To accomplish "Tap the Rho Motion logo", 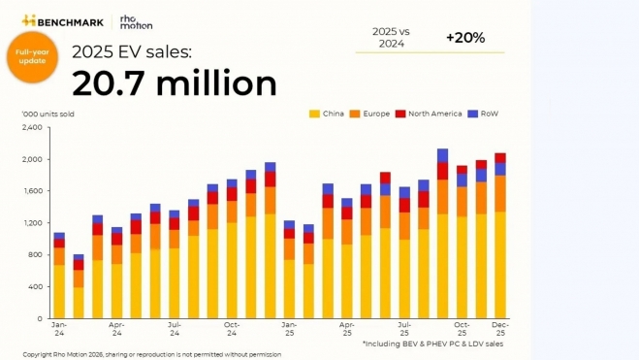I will [136, 20].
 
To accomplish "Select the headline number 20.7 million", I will [175, 83].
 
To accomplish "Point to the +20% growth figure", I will [465, 38].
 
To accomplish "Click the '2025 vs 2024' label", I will [391, 38].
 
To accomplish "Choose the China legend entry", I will [327, 114].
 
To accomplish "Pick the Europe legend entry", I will [370, 114].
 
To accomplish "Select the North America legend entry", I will [429, 114].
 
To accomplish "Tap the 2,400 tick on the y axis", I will [32, 127].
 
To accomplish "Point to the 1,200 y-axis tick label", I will [32, 223].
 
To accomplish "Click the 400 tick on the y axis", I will [35, 286].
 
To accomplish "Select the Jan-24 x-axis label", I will [59, 328].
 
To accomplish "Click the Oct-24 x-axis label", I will [232, 328].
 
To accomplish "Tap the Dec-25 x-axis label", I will [499, 328].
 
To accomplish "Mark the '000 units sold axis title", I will [48, 114].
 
